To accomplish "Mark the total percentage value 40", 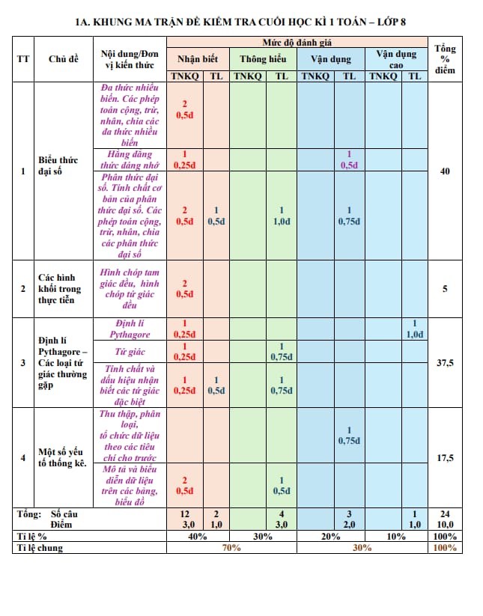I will [445, 171].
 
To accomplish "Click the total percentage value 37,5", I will [445, 363].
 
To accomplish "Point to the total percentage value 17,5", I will [445, 458].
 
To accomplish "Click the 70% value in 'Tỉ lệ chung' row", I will [231, 548].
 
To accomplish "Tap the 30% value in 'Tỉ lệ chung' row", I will [362, 548].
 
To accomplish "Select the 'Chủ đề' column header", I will [63, 58].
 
